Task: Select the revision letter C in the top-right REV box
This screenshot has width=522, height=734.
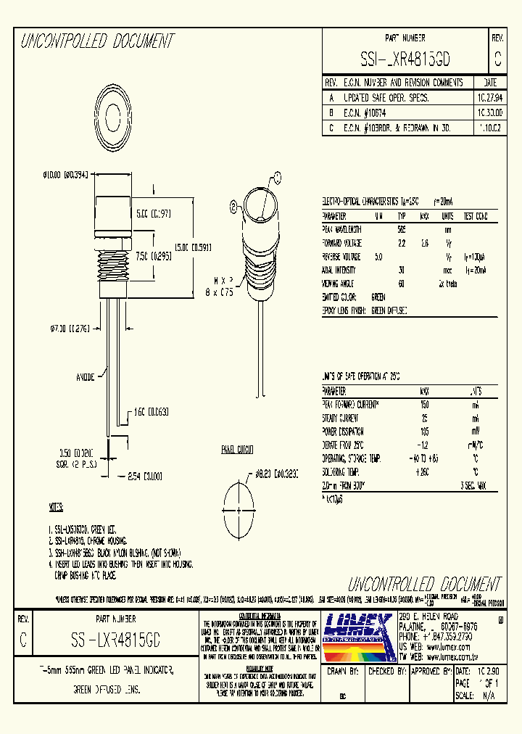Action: pos(497,58)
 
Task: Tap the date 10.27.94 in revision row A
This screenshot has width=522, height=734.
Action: pos(489,97)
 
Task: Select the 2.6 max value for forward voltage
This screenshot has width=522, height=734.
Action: pos(425,243)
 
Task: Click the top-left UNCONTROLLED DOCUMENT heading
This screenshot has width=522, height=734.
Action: pos(96,41)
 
